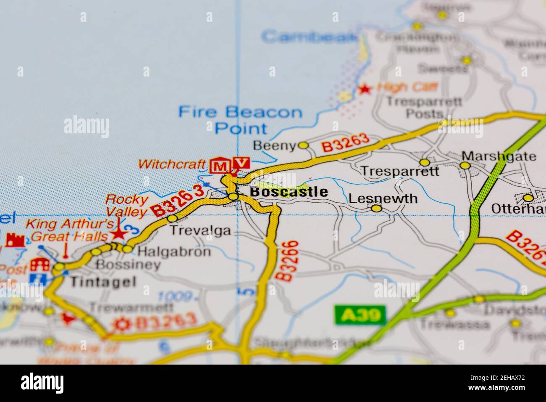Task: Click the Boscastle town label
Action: click(x=289, y=192)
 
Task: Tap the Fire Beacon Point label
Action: click(x=240, y=120)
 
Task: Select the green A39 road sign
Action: click(x=360, y=315)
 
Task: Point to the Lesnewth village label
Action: click(x=383, y=198)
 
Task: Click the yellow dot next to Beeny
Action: click(x=303, y=145)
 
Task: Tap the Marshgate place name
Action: click(x=499, y=156)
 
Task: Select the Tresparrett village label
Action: click(x=400, y=171)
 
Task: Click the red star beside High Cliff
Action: click(x=365, y=89)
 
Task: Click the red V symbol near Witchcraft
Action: click(x=241, y=162)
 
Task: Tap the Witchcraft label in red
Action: click(x=172, y=164)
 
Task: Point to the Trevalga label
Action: click(x=200, y=230)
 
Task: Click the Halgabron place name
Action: click(x=174, y=251)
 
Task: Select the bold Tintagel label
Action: click(x=103, y=281)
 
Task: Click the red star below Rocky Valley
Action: click(x=119, y=233)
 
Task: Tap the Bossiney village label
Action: click(x=128, y=265)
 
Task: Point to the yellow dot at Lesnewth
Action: click(x=377, y=208)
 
